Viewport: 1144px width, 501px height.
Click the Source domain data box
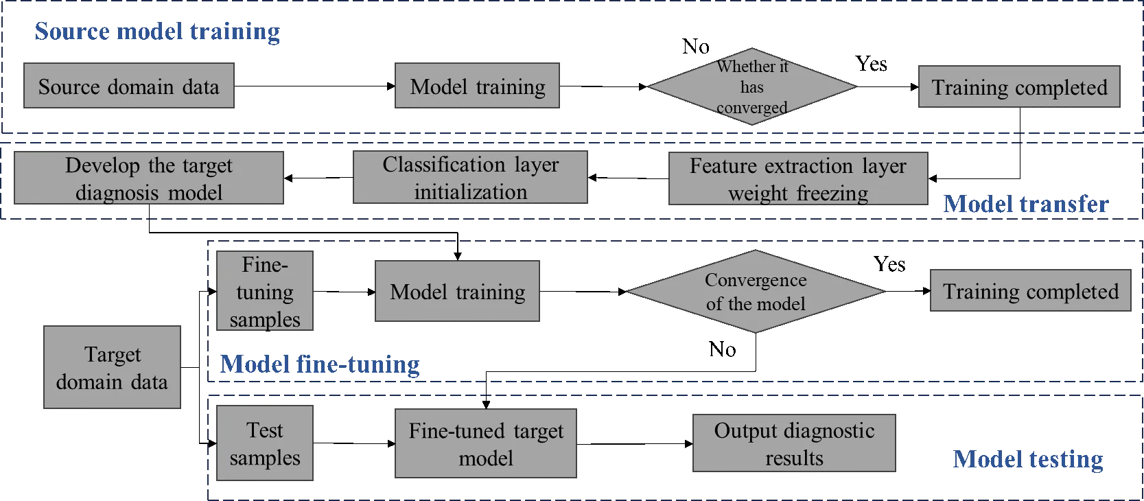coord(129,86)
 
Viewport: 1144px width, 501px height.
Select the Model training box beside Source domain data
coord(476,86)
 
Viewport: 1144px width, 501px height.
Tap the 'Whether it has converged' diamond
coord(752,87)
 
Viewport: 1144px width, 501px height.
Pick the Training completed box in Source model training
coord(1019,86)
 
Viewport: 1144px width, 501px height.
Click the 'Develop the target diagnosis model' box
coord(148,178)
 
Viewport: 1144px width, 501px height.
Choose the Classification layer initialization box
coord(471,178)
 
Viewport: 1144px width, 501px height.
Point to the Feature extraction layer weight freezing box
coord(797,179)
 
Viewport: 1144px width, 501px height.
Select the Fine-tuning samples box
coord(265,292)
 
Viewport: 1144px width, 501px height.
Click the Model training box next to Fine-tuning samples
coord(458,292)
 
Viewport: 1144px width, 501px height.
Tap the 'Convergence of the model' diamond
coord(756,292)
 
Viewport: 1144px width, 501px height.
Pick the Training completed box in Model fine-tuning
coord(1030,292)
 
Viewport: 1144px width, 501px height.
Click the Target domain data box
coord(111,368)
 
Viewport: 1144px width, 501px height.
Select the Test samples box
coord(265,443)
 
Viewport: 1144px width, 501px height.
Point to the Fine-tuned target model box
coord(486,444)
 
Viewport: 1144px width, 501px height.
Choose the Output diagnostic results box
coord(794,443)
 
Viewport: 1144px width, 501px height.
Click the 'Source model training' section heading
coord(156,32)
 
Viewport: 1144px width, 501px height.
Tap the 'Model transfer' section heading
coord(1026,204)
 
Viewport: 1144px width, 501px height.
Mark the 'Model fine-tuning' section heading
coord(320,363)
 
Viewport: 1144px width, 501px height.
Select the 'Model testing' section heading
coord(1028,459)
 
